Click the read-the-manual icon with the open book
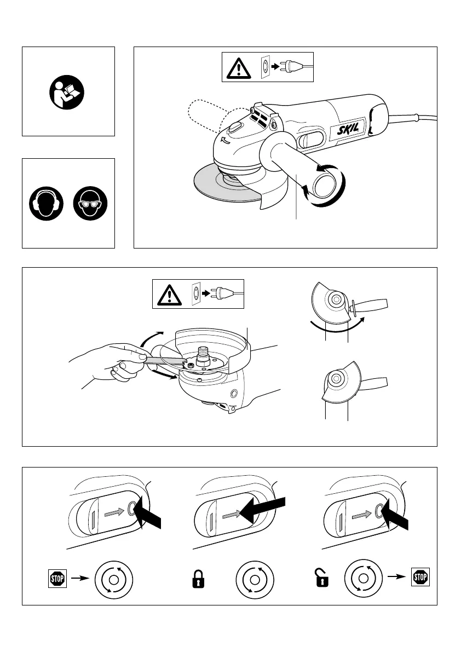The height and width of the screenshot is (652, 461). click(x=68, y=91)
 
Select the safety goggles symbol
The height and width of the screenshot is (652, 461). click(x=90, y=204)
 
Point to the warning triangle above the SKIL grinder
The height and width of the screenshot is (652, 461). click(x=238, y=68)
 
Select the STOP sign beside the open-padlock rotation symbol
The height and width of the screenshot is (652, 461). click(x=420, y=577)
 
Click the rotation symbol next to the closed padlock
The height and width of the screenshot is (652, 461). click(x=254, y=579)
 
